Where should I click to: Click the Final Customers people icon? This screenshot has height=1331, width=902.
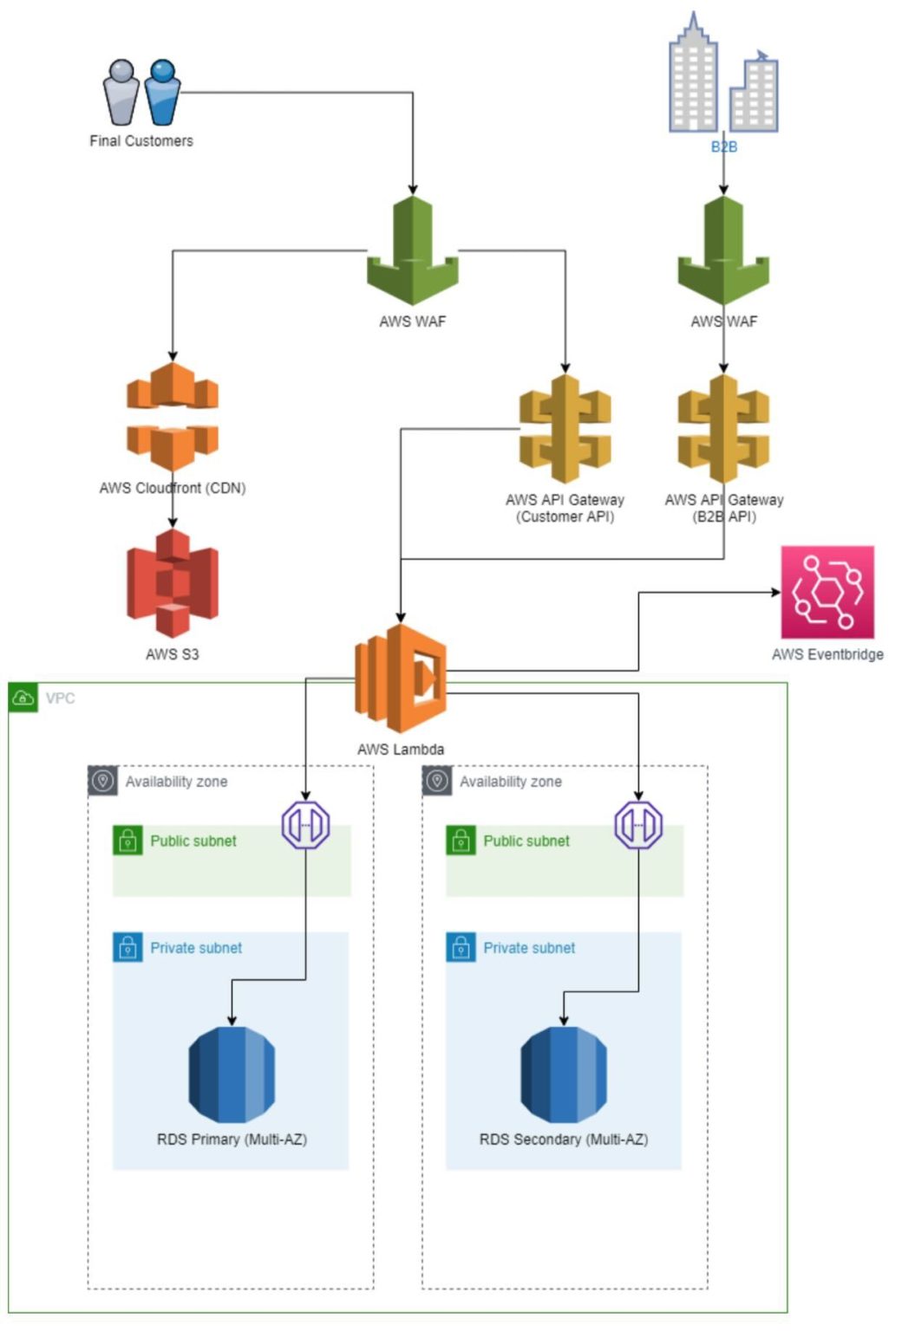(141, 92)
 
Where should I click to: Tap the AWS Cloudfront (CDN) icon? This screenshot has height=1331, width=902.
(173, 417)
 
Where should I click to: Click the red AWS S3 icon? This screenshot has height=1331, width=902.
(173, 583)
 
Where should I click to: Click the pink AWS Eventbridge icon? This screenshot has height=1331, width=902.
(827, 592)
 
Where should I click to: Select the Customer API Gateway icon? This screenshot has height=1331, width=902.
(565, 429)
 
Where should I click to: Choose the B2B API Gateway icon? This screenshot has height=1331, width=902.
(723, 429)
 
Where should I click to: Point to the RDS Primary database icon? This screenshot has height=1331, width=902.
(232, 1075)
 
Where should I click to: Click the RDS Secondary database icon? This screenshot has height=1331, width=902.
(564, 1075)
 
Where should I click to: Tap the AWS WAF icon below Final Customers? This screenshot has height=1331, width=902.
(413, 251)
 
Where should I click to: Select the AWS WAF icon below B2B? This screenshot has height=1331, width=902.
(723, 251)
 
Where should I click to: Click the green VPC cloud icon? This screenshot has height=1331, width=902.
(23, 698)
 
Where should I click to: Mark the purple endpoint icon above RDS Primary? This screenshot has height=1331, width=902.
(305, 825)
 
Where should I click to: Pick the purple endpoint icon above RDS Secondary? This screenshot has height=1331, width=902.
(638, 825)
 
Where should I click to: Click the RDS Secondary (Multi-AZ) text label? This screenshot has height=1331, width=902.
(564, 1139)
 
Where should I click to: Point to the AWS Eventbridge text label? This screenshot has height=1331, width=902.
(827, 654)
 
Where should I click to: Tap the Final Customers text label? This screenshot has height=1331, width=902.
(141, 140)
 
